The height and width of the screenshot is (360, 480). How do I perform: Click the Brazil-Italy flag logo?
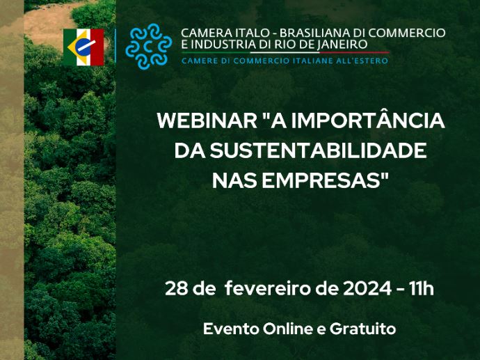point(83,47)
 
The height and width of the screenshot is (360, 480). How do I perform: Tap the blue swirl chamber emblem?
point(148,46)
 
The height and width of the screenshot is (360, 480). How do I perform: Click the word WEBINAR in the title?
point(207,120)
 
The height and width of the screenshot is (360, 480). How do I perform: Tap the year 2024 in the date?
point(367,288)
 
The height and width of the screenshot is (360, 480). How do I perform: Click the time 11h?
point(422,288)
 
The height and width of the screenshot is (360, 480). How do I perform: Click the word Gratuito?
point(362,329)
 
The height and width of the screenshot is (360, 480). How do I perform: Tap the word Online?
point(288,329)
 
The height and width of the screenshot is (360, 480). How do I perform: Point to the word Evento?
point(230,329)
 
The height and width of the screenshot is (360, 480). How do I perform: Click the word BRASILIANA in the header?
point(316,33)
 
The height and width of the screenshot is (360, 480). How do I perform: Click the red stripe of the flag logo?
point(97,47)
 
